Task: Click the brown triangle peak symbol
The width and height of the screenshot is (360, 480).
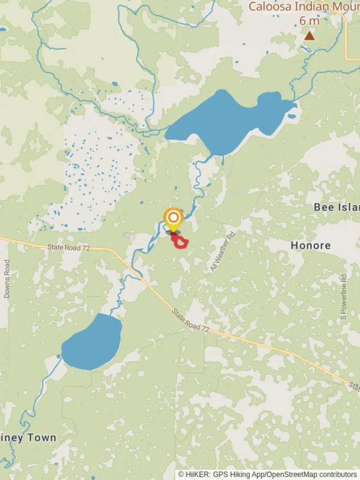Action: click(309, 36)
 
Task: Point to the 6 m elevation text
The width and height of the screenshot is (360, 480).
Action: click(309, 21)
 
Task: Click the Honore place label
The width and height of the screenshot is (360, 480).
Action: click(311, 245)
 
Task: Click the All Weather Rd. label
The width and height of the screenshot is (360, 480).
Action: click(223, 252)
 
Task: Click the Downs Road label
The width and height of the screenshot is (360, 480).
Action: click(7, 279)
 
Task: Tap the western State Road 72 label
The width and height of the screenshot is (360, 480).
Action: click(68, 248)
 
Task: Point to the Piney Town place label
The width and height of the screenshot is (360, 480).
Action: click(28, 438)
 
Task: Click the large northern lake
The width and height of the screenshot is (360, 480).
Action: click(227, 120)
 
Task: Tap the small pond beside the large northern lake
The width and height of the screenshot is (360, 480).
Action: click(292, 116)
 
